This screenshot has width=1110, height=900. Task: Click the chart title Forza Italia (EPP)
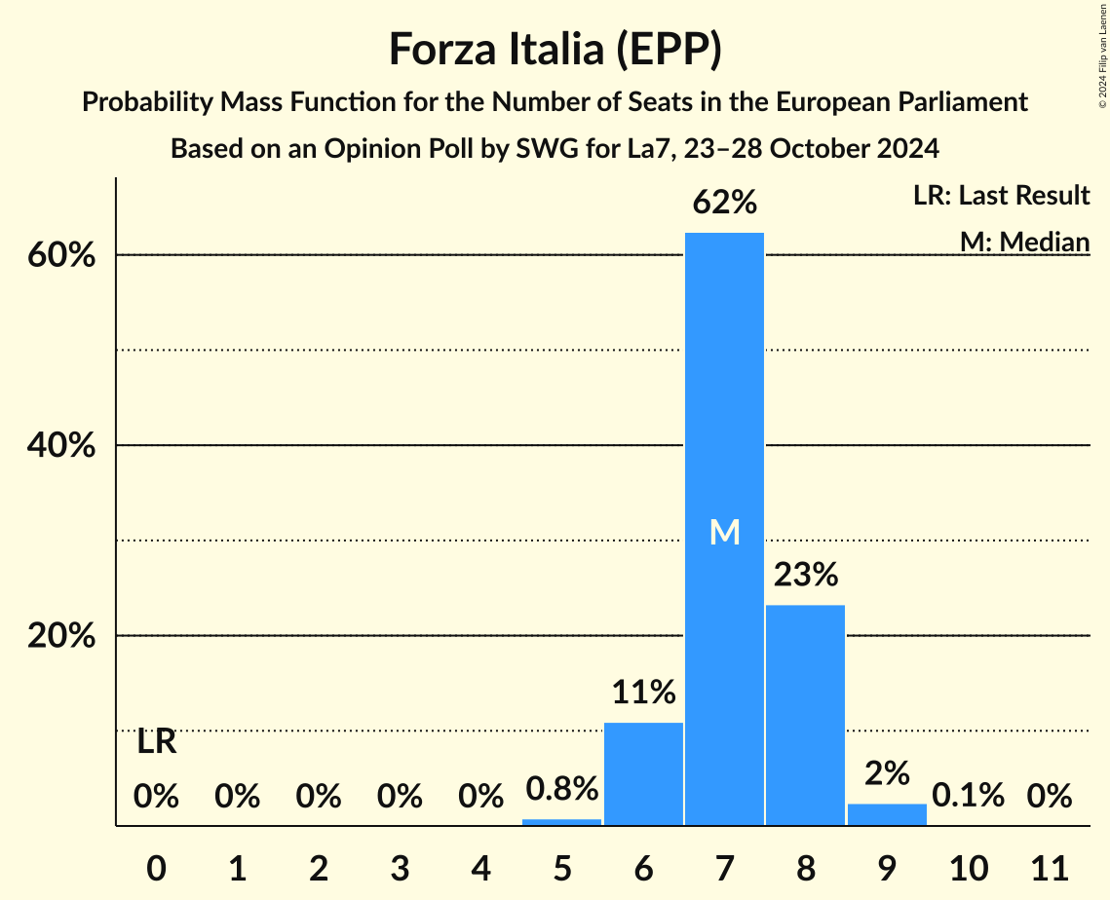click(555, 50)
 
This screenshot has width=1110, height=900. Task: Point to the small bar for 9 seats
click(887, 814)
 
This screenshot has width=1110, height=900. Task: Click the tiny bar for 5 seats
click(561, 821)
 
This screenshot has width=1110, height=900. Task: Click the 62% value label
click(724, 204)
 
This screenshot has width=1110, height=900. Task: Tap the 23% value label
click(805, 576)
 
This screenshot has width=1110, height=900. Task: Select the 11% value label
click(643, 693)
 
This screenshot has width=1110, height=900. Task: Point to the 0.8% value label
click(561, 789)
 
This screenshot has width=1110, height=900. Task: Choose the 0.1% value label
click(968, 796)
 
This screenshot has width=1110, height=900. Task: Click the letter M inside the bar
click(724, 532)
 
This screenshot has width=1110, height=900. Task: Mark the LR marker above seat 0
click(156, 742)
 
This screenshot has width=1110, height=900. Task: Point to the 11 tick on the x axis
click(1050, 865)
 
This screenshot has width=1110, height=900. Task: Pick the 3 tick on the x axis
click(400, 865)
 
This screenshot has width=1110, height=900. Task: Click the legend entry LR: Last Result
click(1001, 196)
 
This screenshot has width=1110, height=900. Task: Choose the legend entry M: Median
click(1024, 242)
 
